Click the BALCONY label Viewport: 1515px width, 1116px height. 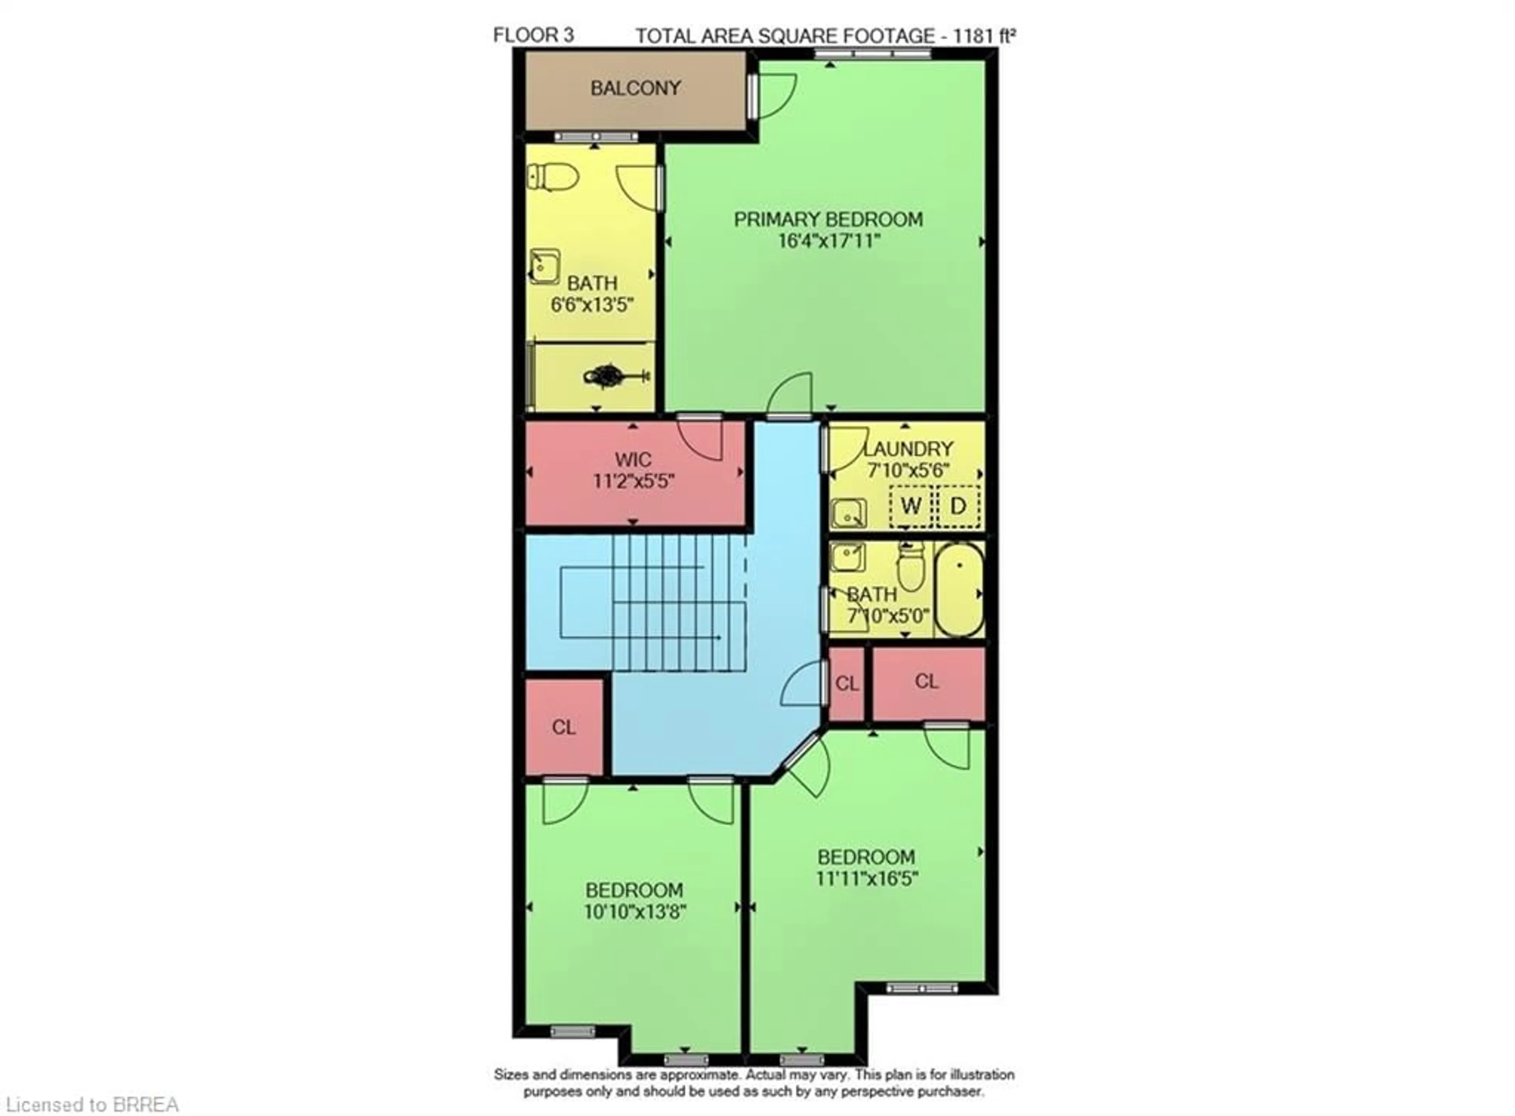[x=635, y=88]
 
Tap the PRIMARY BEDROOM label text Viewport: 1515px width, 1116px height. [x=828, y=219]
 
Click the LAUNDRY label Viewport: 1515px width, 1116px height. [x=909, y=449]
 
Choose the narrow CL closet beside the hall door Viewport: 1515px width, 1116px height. [x=846, y=683]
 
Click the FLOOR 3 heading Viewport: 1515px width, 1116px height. [x=533, y=35]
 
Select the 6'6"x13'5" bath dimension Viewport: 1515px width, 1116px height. [x=592, y=305]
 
